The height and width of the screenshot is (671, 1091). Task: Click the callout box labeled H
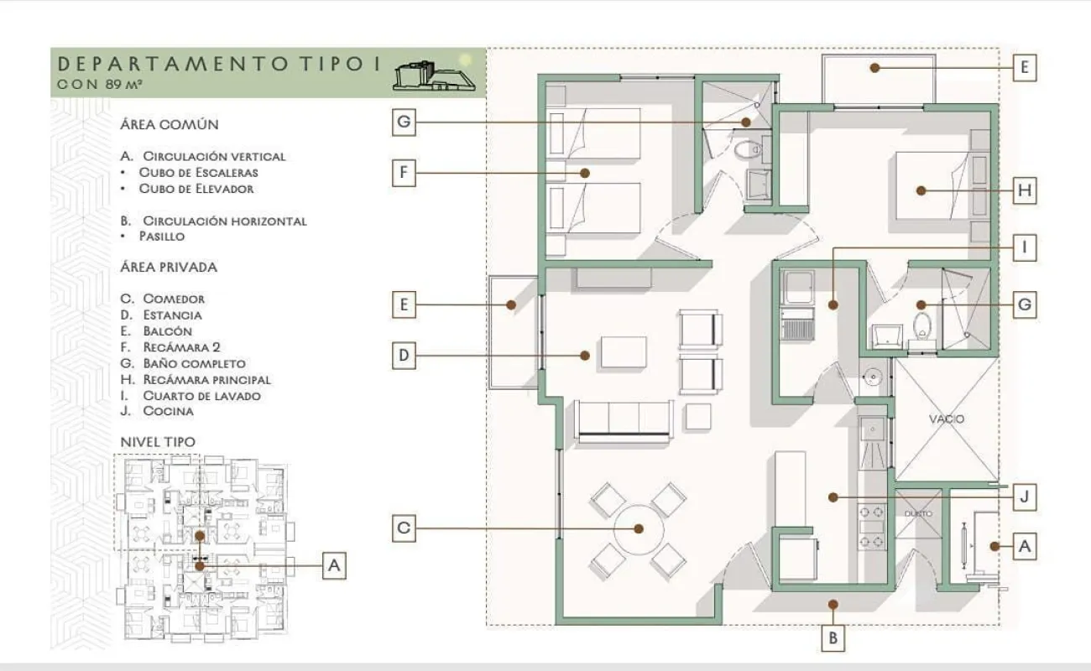[x=1025, y=190]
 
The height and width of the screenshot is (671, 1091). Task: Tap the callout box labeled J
[x=1025, y=497]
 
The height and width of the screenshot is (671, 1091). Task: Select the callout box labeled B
[x=833, y=638]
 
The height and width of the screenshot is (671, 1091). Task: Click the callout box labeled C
[x=404, y=528]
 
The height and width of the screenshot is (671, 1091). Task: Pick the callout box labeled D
[x=404, y=356]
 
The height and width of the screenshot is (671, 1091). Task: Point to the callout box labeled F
[x=404, y=173]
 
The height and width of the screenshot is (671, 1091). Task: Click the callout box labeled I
[x=1025, y=248]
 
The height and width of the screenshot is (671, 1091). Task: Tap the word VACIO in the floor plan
[x=947, y=419]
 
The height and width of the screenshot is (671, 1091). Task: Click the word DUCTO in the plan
[x=918, y=513]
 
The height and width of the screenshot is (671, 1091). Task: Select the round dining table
[x=639, y=529]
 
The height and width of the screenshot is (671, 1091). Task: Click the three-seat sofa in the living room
[x=624, y=422]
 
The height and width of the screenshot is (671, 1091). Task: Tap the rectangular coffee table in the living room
[x=624, y=351]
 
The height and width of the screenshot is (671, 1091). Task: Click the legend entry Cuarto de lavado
[x=201, y=396]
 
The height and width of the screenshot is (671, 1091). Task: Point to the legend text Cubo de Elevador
[x=196, y=189]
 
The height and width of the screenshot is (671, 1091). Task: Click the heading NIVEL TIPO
[x=158, y=442]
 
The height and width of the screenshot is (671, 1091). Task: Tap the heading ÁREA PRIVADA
[x=169, y=267]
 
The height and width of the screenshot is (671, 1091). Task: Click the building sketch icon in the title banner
[x=434, y=76]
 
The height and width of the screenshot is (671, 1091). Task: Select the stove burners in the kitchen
[x=872, y=527]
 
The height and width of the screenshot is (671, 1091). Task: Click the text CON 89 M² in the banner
[x=100, y=84]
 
